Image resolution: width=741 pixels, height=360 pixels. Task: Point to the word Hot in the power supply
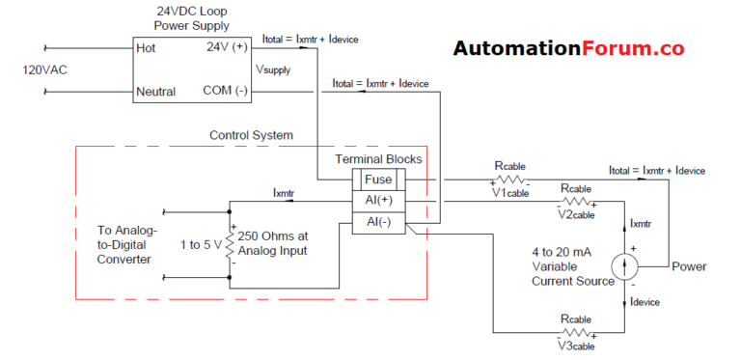pyautogui.click(x=148, y=47)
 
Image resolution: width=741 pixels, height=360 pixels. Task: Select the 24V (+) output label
pyautogui.click(x=228, y=46)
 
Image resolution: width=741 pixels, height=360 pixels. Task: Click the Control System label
pyautogui.click(x=251, y=135)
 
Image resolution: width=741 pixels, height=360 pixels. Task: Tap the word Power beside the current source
pyautogui.click(x=689, y=266)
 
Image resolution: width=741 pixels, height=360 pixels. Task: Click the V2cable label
pyautogui.click(x=577, y=213)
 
